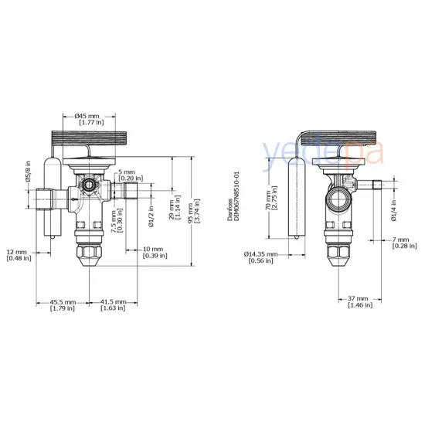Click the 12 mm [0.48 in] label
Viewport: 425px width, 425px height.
click(19, 254)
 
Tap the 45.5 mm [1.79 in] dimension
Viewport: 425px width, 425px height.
click(63, 305)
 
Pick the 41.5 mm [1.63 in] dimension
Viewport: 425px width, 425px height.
click(114, 305)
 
